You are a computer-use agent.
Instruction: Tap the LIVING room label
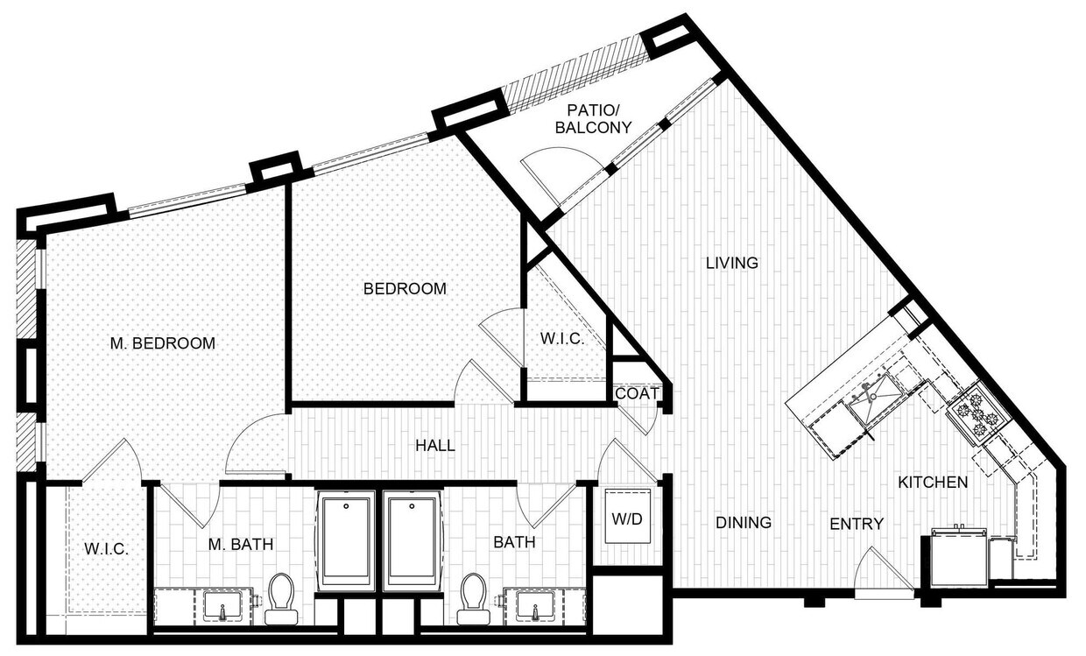coord(732,263)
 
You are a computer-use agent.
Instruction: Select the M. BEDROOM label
coord(163,343)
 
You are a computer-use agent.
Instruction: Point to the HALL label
coord(435,446)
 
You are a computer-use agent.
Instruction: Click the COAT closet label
coord(637,394)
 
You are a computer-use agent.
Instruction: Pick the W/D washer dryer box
coord(626,518)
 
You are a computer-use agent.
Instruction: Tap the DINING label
coord(744,523)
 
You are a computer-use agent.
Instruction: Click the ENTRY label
coord(857,524)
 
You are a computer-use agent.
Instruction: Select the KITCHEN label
coord(933,482)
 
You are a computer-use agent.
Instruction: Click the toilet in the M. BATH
coord(282,598)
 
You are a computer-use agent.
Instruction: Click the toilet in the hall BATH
coord(474,598)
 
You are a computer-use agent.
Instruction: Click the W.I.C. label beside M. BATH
coord(107,550)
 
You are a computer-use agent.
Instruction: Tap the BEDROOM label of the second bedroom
coord(405,288)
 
